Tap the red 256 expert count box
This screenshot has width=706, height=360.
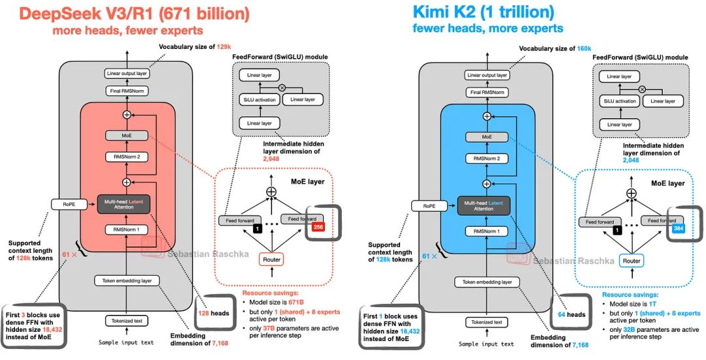coord(320,227)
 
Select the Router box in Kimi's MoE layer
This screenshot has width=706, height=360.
coord(631,261)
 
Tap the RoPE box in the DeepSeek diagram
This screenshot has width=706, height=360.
coord(69,205)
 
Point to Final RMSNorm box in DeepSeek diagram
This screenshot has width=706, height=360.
coord(127,91)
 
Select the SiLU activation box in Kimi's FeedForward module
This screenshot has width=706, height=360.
coord(616,101)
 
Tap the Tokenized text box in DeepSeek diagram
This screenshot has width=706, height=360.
coord(127,321)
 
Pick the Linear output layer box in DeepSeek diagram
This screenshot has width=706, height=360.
coord(127,74)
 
